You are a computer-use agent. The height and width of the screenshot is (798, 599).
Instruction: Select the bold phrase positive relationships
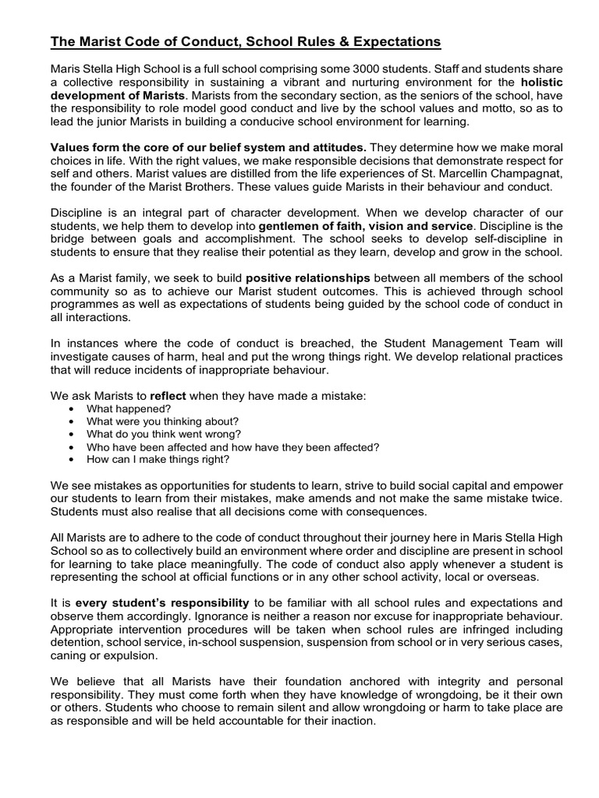(311, 278)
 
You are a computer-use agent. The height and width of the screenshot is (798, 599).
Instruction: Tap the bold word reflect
(168, 396)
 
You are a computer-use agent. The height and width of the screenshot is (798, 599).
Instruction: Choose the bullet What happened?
(129, 409)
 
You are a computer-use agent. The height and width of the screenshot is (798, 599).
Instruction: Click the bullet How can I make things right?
(158, 460)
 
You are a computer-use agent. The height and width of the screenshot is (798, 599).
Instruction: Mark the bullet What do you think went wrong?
(164, 434)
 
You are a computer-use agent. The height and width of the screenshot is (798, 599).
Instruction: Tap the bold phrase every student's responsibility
(162, 603)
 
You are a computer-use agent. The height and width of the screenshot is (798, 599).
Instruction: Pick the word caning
(71, 655)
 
